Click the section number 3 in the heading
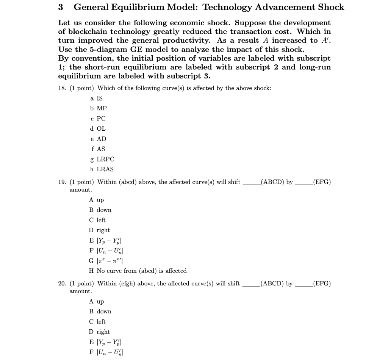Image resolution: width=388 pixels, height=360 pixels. click(x=61, y=7)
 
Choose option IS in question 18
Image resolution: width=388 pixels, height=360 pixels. click(x=100, y=98)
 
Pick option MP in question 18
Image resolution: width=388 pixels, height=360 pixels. click(x=102, y=108)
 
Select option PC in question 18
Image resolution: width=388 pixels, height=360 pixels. click(x=101, y=119)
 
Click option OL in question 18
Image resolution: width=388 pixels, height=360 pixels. click(x=101, y=129)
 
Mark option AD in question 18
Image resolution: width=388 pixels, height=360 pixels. click(x=102, y=139)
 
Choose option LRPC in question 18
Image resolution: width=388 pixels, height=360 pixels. click(x=105, y=159)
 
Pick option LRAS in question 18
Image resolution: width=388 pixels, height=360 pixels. click(x=105, y=169)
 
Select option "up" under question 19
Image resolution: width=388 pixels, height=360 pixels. click(x=100, y=200)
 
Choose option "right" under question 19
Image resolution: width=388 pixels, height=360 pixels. click(x=103, y=230)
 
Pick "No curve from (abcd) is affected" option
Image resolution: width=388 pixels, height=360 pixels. click(x=141, y=271)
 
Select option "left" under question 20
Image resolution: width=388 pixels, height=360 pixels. click(x=101, y=322)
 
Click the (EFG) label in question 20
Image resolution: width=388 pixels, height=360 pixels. click(x=322, y=283)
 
